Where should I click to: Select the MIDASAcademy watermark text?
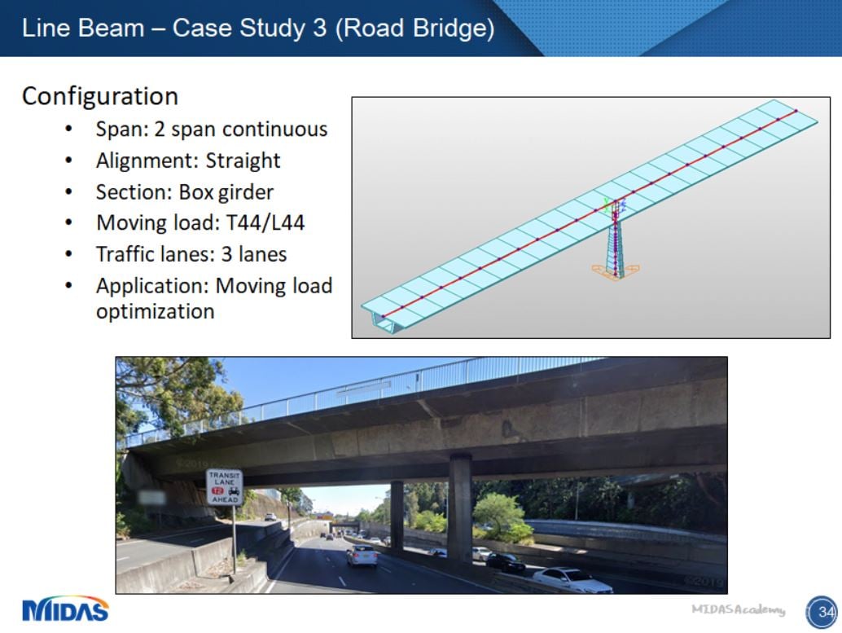[x=739, y=609]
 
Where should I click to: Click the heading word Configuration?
[x=99, y=96]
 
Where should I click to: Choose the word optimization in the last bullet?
[x=155, y=311]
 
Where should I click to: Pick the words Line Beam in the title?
[x=82, y=28]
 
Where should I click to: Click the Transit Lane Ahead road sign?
[x=224, y=487]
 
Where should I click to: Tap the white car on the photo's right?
[x=572, y=579]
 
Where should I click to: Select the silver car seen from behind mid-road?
[x=362, y=556]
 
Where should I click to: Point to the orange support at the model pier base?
[x=616, y=271]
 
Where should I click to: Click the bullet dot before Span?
[x=69, y=130]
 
